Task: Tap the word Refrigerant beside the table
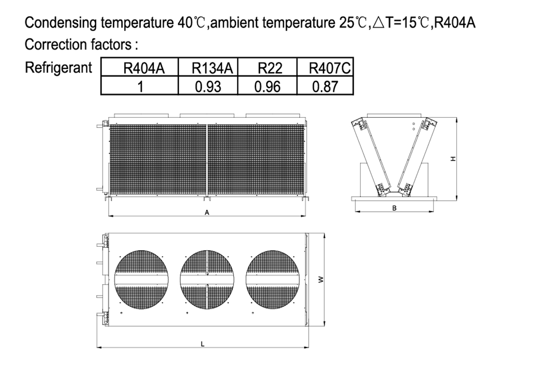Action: [x=58, y=68]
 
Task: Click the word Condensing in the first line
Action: [x=61, y=23]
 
